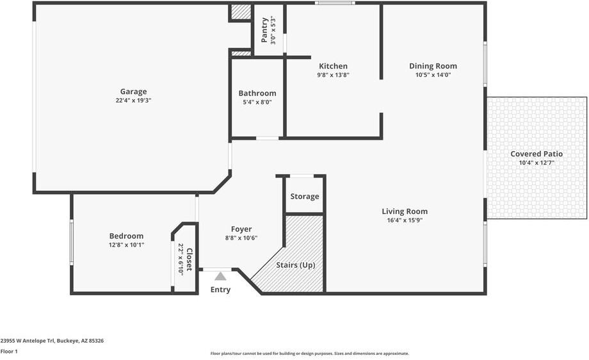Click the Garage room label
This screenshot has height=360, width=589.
pos(133,92)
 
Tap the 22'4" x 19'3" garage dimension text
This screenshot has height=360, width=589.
pos(133,101)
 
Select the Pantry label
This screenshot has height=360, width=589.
pos(264,30)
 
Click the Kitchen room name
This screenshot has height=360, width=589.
pos(333,66)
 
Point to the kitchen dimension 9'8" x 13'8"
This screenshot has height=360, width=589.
pos(333,75)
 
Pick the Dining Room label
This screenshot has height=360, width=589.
pos(433,66)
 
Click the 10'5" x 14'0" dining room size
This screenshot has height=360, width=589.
pos(433,75)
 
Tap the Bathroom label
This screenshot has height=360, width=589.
pos(257,93)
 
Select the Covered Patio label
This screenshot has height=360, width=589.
pos(537,154)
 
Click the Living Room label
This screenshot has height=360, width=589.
pos(405,211)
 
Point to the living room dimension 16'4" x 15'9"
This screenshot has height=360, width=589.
pos(405,220)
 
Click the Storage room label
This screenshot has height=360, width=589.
pos(305,197)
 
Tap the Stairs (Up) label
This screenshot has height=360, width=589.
pos(295,265)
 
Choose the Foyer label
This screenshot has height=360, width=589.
pos(241,229)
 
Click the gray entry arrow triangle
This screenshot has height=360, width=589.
pos(220,277)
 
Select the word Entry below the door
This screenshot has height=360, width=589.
pos(220,290)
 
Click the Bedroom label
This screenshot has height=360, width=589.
pos(126,236)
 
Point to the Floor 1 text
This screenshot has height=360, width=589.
pos(9,352)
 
